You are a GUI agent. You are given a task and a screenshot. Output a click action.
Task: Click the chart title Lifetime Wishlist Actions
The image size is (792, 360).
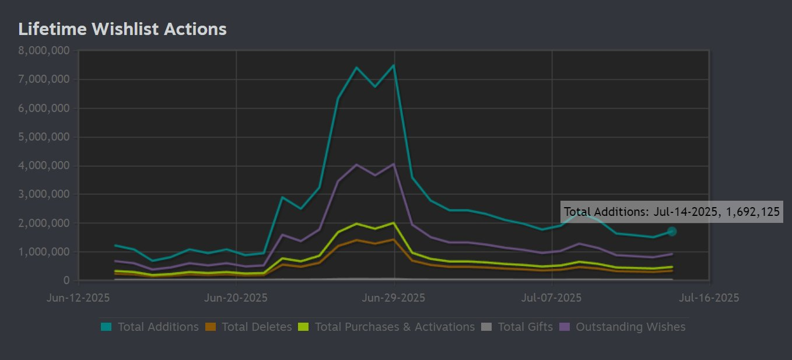coord(122,29)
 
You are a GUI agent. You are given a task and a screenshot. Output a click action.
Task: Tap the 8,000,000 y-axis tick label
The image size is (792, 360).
coord(44,51)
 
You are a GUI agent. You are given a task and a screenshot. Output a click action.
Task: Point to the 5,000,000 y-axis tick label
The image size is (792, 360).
coord(44,137)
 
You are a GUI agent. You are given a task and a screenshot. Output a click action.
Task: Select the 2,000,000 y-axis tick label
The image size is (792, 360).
coord(44,223)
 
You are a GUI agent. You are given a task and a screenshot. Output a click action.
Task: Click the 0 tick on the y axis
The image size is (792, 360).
coord(67,281)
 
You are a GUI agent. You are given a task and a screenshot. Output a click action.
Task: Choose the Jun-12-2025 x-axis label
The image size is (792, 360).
coord(78,298)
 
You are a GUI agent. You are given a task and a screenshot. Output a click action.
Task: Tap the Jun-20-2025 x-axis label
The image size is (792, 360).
coord(236,298)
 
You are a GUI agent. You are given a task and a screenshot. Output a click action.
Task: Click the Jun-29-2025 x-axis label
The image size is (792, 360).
coord(394,298)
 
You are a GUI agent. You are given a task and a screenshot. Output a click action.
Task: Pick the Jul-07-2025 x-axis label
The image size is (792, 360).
coord(552,298)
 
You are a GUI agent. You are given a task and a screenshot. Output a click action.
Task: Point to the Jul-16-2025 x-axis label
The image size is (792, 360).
coord(709,298)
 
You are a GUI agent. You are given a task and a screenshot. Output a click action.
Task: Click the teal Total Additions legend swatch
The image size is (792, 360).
coord(106,327)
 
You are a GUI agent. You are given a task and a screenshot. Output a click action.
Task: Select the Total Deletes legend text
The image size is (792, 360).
coord(257,327)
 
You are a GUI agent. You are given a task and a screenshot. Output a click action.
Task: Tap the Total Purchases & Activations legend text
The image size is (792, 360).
coord(395,327)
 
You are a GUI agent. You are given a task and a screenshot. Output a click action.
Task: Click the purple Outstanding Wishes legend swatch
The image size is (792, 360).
coord(564,327)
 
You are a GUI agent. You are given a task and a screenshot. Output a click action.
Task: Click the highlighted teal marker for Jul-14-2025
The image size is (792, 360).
coord(672,232)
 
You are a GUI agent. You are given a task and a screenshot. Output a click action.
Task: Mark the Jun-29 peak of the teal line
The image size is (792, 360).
coord(394,65)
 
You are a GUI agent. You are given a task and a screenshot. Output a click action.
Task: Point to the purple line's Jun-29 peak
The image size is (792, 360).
coord(394,164)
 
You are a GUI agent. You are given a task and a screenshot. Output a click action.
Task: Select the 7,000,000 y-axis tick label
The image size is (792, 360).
coord(44,79)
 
